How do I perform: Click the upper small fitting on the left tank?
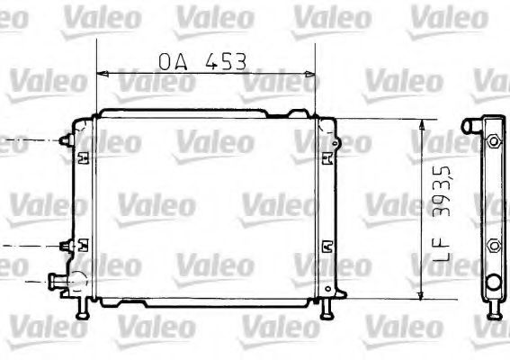click(63, 141)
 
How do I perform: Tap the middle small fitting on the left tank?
click(63, 245)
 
